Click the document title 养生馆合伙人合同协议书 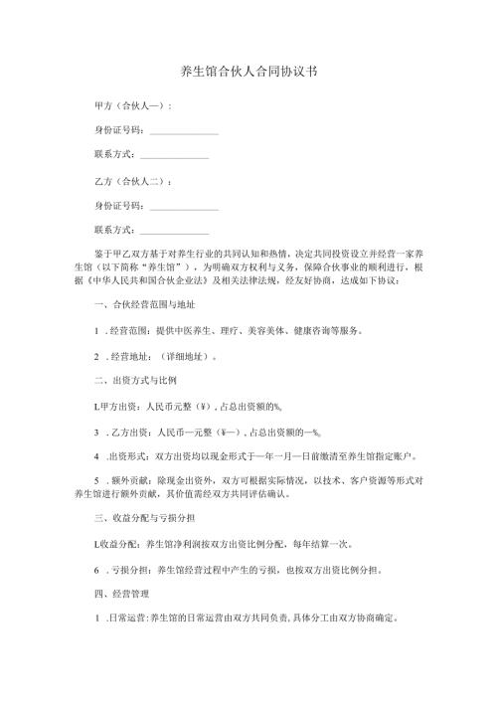click(248, 73)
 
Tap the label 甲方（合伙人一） click(129, 105)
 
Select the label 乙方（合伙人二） click(129, 182)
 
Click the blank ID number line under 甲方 click(183, 131)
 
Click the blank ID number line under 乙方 click(183, 208)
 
